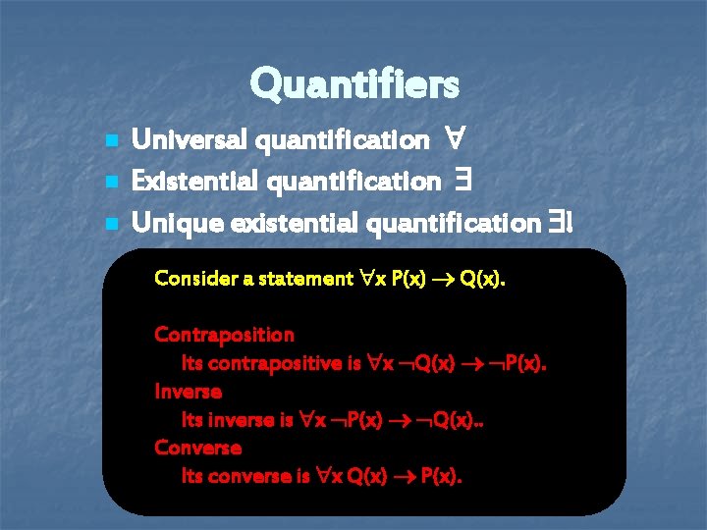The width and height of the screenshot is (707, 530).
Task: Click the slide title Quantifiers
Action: pyautogui.click(x=353, y=85)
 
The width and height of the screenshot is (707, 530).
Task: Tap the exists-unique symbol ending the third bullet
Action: pyautogui.click(x=562, y=223)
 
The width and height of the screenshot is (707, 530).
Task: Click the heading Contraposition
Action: pyautogui.click(x=224, y=335)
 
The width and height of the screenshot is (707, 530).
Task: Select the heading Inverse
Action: pyautogui.click(x=188, y=392)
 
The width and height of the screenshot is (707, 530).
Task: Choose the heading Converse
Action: pyautogui.click(x=197, y=448)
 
